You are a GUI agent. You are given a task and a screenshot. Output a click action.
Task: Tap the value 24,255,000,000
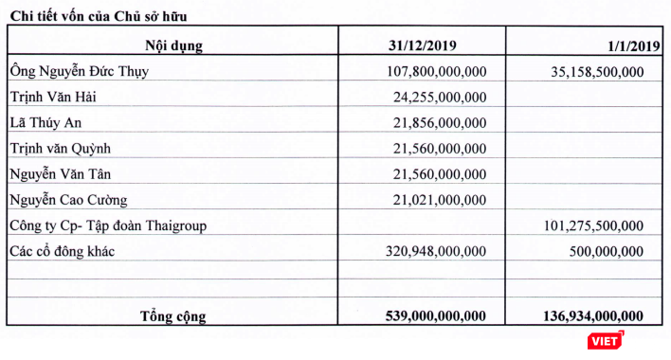pyautogui.click(x=441, y=97)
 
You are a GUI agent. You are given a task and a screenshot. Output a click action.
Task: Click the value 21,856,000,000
pyautogui.click(x=441, y=122)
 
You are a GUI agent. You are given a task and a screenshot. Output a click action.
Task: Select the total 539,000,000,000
pyautogui.click(x=432, y=315)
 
